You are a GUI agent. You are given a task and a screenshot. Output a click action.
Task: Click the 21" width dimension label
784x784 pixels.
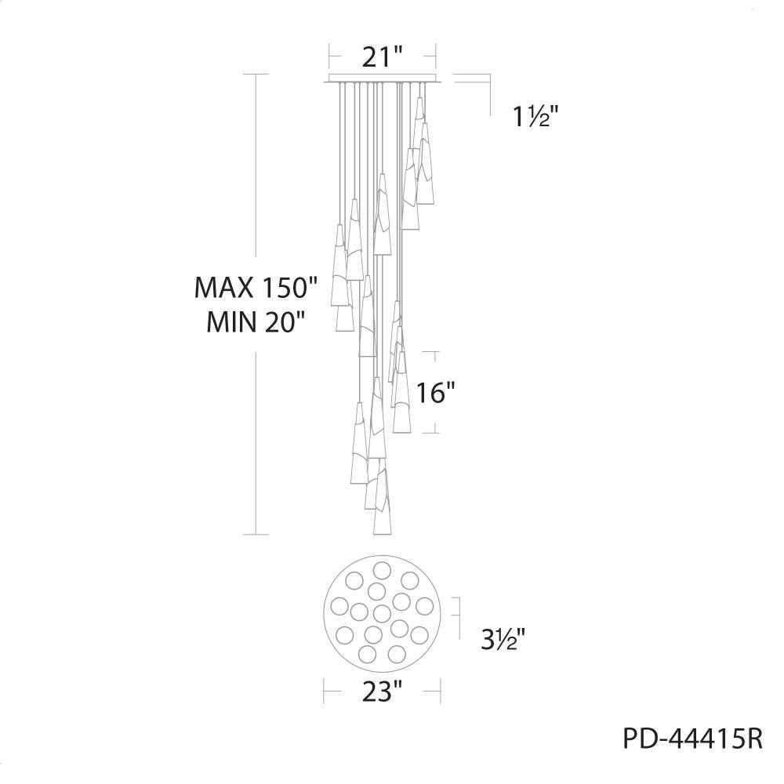[x=383, y=57]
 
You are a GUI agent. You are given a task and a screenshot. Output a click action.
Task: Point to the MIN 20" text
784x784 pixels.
[x=256, y=322]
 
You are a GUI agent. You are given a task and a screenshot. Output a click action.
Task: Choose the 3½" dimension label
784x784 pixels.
[x=503, y=639]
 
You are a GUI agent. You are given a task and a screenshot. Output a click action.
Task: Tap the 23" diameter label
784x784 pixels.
[x=383, y=692]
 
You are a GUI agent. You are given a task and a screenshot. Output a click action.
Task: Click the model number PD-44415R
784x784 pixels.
[x=693, y=739]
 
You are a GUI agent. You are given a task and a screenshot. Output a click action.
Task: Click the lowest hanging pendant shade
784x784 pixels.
[x=383, y=503]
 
